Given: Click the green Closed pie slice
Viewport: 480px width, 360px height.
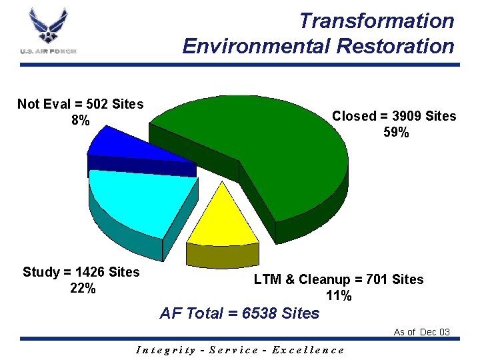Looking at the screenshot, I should [x=280, y=147].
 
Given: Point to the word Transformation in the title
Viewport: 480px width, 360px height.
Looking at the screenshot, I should [x=376, y=21].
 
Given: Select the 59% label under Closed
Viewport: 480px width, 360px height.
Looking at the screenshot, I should [x=396, y=133].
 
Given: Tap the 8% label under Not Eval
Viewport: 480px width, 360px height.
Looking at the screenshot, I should [x=80, y=121].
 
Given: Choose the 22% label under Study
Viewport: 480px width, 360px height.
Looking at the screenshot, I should [x=83, y=289].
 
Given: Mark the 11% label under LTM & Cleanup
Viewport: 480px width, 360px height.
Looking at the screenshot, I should [x=339, y=296].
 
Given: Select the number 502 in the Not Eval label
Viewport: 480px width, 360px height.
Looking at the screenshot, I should [x=97, y=104].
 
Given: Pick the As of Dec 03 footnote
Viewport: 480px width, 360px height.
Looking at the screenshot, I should [x=421, y=332].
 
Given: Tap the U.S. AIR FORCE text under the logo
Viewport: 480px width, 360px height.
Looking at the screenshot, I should [x=48, y=51].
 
